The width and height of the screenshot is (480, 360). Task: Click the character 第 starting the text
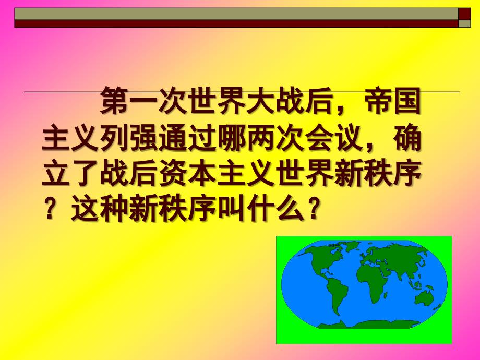pos(114,100)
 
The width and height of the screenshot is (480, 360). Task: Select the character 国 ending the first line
pos(407,100)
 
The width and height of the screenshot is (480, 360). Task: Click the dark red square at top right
pos(464,14)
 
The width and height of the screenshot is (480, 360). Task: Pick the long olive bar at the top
pos(236,14)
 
